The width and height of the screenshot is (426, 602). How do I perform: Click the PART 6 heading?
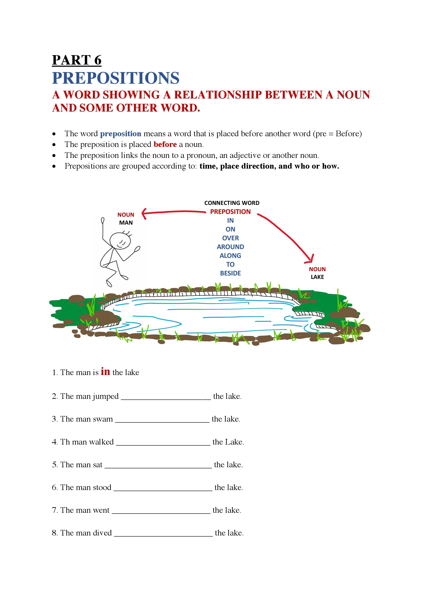pos(77,60)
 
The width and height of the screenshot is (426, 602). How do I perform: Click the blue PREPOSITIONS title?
pos(116,78)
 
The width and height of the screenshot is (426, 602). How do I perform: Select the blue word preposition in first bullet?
pos(120,134)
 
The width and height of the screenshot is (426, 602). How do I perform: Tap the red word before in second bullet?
pos(165,144)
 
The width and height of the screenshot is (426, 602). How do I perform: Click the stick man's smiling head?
pos(120,241)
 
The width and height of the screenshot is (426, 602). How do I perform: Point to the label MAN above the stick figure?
pos(126,223)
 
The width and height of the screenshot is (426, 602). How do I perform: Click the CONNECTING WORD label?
pos(231,203)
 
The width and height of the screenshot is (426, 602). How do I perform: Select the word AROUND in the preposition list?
pos(230,247)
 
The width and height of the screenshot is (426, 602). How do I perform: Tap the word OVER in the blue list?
pos(230,238)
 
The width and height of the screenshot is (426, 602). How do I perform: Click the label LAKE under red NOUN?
pos(317,277)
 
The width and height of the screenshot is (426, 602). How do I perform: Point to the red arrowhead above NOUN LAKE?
pos(310,260)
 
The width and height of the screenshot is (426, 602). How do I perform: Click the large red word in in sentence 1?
pos(105,372)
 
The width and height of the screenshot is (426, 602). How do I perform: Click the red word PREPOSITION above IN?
pos(230,212)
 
